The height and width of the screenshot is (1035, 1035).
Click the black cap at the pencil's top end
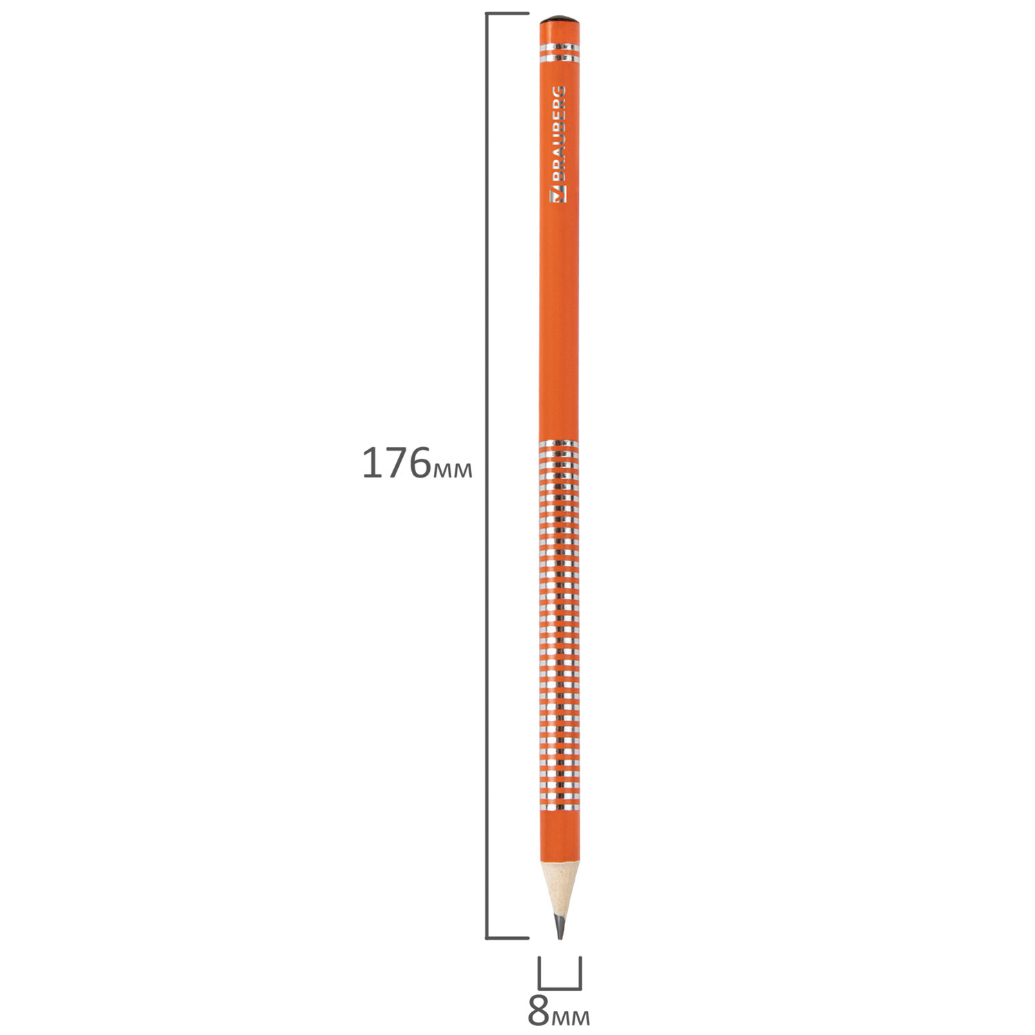(559, 20)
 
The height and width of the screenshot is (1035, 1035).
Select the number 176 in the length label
(397, 463)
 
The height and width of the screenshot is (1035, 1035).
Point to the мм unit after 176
(453, 470)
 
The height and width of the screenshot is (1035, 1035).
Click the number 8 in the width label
(538, 1011)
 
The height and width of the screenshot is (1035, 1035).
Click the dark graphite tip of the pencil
(560, 926)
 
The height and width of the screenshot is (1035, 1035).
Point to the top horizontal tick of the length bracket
(507, 14)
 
